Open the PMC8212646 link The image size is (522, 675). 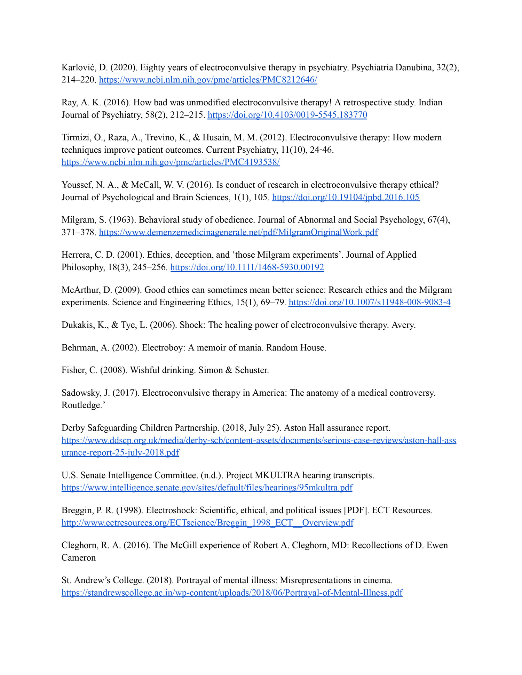click(x=208, y=80)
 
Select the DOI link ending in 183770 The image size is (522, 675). click(x=287, y=115)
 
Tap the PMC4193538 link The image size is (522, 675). click(x=171, y=162)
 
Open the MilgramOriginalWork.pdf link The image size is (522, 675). click(x=238, y=232)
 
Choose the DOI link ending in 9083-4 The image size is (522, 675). click(x=370, y=303)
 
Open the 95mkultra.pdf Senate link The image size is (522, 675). click(x=207, y=488)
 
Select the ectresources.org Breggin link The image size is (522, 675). click(x=207, y=523)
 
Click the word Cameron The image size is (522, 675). click(x=78, y=558)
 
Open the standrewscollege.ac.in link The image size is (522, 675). click(x=232, y=593)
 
